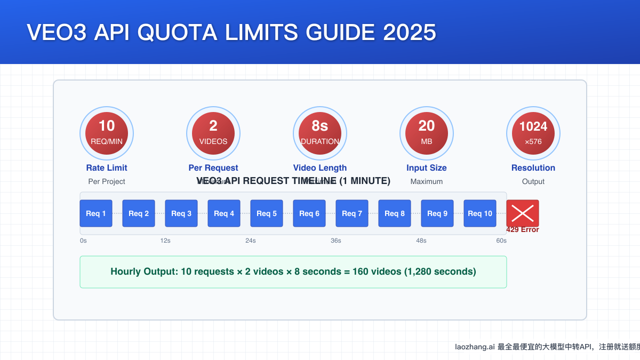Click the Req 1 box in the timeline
pos(96,213)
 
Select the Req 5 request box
pos(267,213)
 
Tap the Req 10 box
pos(480,213)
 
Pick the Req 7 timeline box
pos(352,213)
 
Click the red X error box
pos(523,213)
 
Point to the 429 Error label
pos(523,230)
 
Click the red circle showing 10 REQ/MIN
pos(107,133)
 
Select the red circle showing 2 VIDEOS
pos(213,133)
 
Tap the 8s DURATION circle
pos(320,133)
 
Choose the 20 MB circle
pos(427,133)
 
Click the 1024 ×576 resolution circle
pos(533,133)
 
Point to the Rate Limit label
pos(107,168)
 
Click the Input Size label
pos(427,168)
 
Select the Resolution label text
pos(533,168)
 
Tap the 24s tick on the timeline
pos(251,241)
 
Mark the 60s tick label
pos(501,241)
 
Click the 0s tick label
pos(83,241)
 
